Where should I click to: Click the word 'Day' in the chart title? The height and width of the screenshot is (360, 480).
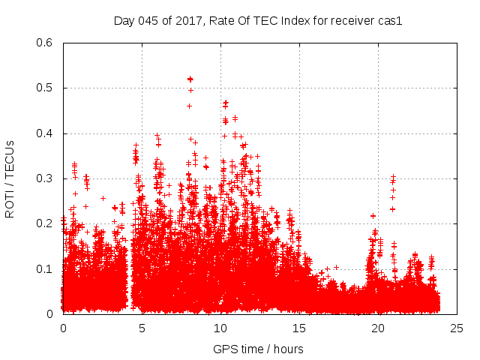click(124, 21)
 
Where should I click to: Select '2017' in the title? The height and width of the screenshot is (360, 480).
click(184, 21)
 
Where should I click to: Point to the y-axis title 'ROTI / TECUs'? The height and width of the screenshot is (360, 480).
click(10, 178)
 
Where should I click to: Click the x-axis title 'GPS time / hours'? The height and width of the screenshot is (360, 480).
click(258, 349)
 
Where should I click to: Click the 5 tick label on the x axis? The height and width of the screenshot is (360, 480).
click(142, 328)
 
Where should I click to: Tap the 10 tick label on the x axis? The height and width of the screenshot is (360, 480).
click(220, 328)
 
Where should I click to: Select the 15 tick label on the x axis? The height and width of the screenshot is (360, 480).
click(299, 328)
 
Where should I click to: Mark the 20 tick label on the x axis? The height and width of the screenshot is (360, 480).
click(378, 328)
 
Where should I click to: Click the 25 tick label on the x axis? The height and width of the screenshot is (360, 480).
click(457, 328)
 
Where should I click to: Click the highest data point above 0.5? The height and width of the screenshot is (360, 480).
click(190, 79)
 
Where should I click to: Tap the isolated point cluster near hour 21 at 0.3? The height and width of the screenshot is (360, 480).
click(393, 180)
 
